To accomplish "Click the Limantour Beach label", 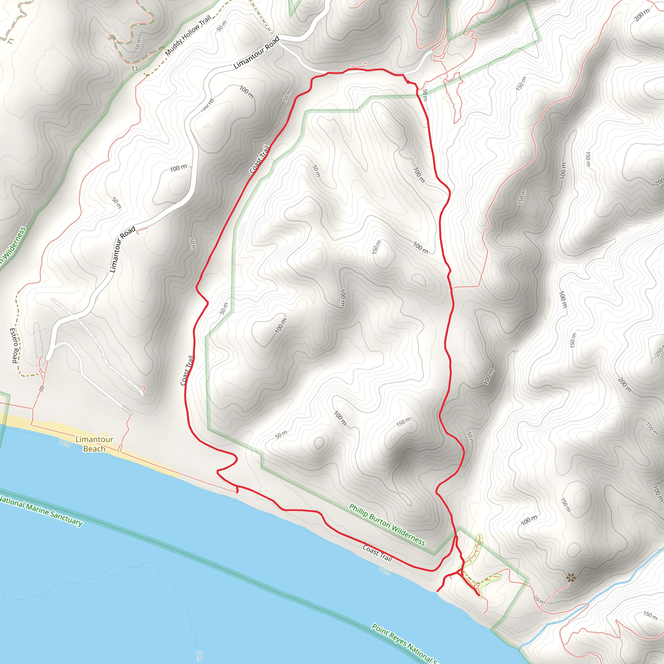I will [94, 444].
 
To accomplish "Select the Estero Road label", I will [14, 345].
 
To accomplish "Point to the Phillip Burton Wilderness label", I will [387, 525].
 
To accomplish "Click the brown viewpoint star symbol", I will [571, 578].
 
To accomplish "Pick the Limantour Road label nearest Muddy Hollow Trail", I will [256, 53].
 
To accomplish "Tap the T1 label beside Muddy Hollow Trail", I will [134, 69].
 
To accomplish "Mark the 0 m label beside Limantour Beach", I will [65, 443].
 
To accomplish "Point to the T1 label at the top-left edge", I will [11, 41].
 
